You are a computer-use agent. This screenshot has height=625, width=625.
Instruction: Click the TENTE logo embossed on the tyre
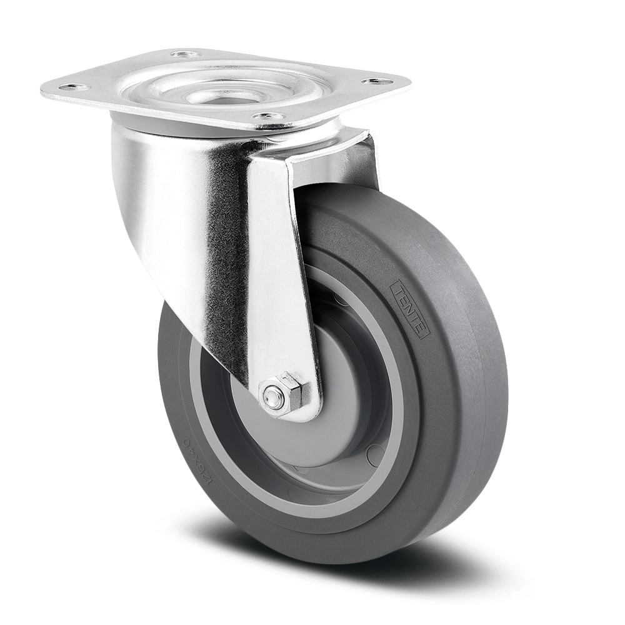tap(409, 309)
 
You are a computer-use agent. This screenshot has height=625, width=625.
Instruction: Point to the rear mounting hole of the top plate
tap(186, 54)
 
